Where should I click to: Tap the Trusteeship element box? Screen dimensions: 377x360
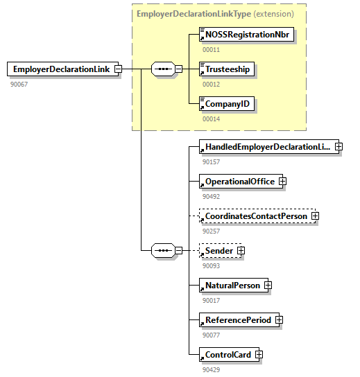[227, 69]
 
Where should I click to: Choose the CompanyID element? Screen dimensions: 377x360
[227, 105]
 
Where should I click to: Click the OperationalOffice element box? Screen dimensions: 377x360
[238, 182]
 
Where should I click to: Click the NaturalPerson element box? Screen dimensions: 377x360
[231, 285]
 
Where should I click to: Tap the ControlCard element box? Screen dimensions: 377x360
[225, 355]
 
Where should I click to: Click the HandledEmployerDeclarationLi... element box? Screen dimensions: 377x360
[266, 147]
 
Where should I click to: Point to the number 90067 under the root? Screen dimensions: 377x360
[19, 84]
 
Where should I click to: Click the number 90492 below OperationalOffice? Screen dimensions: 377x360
[211, 196]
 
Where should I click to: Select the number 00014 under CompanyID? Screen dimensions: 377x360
[211, 119]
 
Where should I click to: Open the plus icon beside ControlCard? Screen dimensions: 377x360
[259, 355]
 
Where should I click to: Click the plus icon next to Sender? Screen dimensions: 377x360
[241, 250]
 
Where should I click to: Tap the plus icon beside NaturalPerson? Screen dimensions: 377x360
[268, 285]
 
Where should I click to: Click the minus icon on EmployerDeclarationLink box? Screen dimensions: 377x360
[118, 69]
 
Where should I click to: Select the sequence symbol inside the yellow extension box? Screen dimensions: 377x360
[163, 69]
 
